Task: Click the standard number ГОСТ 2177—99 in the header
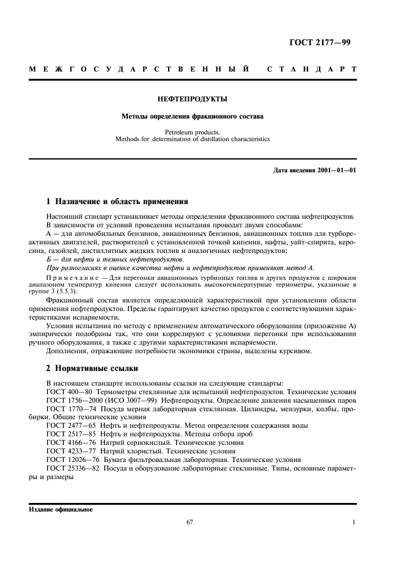pos(324,42)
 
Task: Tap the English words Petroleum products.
pos(192,131)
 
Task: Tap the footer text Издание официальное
pos(61,510)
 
